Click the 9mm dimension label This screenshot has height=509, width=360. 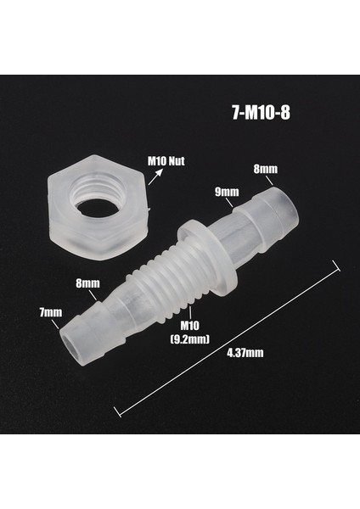pos(225,191)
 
